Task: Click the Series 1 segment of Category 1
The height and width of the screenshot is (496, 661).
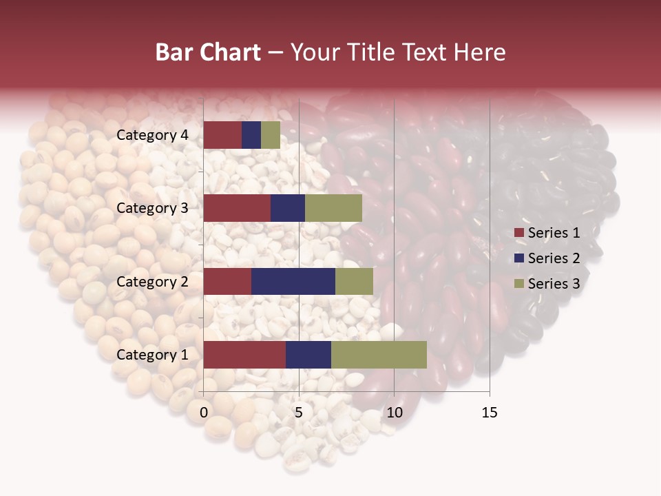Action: pyautogui.click(x=244, y=355)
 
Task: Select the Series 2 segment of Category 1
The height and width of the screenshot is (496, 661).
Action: pyautogui.click(x=308, y=355)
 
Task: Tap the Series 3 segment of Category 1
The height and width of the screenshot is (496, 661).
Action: pyautogui.click(x=379, y=355)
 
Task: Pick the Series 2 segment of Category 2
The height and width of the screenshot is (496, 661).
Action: pyautogui.click(x=293, y=281)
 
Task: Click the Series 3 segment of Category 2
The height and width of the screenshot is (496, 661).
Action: pyautogui.click(x=354, y=281)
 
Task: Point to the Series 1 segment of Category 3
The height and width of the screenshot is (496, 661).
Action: pyautogui.click(x=237, y=208)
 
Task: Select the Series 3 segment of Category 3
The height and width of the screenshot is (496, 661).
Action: pyautogui.click(x=333, y=208)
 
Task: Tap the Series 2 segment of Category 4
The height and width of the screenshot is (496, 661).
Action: pyautogui.click(x=251, y=135)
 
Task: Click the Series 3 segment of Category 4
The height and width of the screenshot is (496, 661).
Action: pyautogui.click(x=271, y=135)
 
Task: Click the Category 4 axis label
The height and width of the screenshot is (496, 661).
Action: pyautogui.click(x=152, y=135)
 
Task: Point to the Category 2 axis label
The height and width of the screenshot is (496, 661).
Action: pyautogui.click(x=152, y=281)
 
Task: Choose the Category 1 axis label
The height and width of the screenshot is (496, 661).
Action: pyautogui.click(x=152, y=355)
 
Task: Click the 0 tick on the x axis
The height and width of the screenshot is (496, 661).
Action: pyautogui.click(x=204, y=413)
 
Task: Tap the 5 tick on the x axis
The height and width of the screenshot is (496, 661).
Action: pyautogui.click(x=299, y=413)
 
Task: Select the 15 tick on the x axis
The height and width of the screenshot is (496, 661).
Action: pyautogui.click(x=489, y=413)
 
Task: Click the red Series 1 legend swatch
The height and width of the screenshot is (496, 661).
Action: pyautogui.click(x=518, y=233)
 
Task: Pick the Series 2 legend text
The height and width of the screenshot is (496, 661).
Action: pyautogui.click(x=554, y=258)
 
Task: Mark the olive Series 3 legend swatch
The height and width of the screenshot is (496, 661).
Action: pyautogui.click(x=518, y=284)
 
